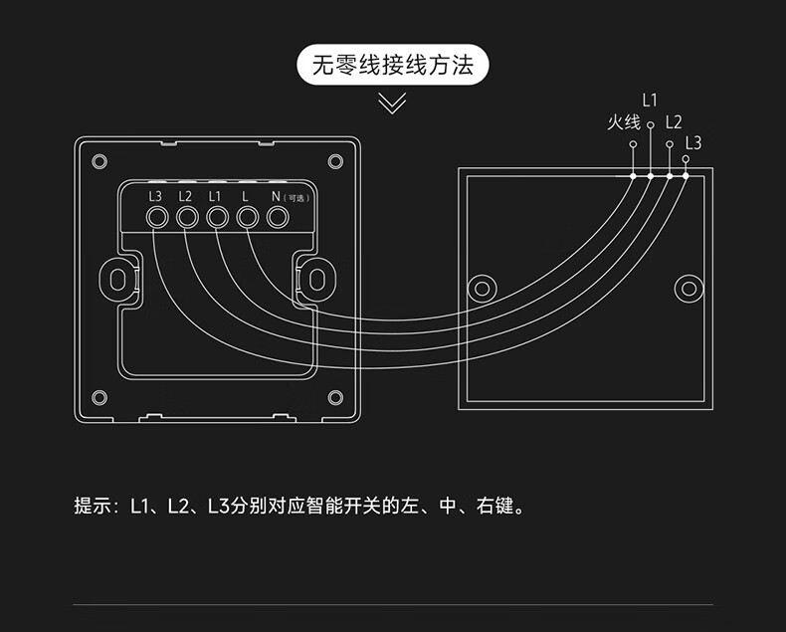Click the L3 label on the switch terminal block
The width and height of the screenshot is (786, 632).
coord(155,196)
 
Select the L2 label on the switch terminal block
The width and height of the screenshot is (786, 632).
coord(185,196)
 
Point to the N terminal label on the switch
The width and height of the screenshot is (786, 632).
coord(277,196)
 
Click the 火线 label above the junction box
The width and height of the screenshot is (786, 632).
coord(624,122)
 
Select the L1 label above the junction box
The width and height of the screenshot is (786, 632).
coord(650,100)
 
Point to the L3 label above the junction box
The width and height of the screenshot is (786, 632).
coord(693,142)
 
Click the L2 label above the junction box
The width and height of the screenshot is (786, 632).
coord(674,122)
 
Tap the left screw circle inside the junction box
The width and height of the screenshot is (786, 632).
coord(483,288)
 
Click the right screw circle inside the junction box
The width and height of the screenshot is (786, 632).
coord(688,288)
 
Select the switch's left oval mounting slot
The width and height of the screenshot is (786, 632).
coord(118,278)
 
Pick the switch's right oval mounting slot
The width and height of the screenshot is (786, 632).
coord(315,278)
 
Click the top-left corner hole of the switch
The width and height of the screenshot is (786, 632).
coord(98,160)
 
